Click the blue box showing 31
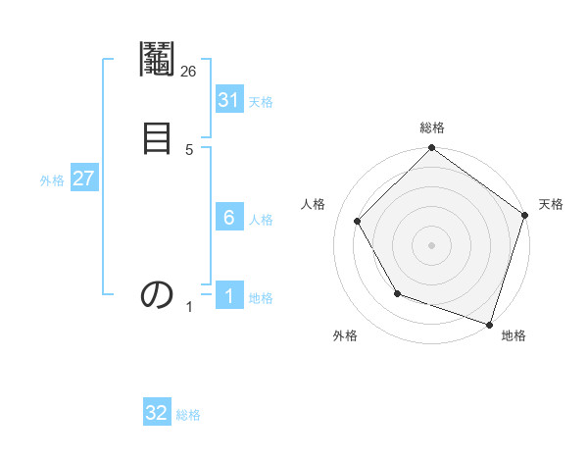(229, 100)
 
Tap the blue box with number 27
(84, 179)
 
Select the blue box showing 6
(229, 218)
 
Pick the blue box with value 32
(157, 413)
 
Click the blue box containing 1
(229, 296)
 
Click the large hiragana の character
(157, 294)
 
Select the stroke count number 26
(188, 72)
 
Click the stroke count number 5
(188, 149)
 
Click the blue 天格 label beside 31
(261, 102)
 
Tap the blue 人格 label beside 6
(261, 220)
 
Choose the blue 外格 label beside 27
(52, 180)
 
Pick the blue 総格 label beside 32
(188, 415)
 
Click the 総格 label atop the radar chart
(432, 128)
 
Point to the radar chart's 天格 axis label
(551, 204)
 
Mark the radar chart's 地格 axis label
(514, 335)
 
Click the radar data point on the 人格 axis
(357, 221)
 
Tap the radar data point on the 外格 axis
(397, 293)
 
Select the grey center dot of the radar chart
(432, 245)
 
